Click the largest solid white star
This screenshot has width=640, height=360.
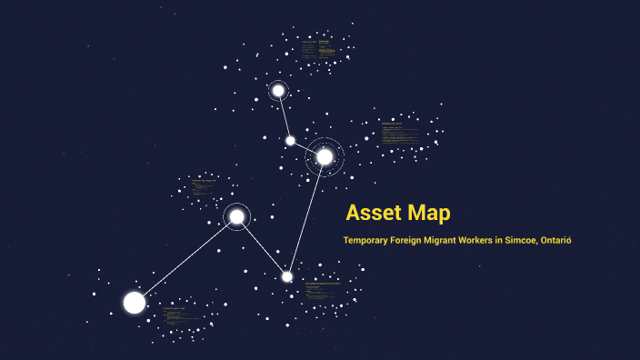[x=135, y=302]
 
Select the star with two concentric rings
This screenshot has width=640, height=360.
[x=325, y=156]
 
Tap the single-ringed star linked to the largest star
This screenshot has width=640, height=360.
[x=236, y=216]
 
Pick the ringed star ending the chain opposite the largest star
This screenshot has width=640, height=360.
[x=278, y=90]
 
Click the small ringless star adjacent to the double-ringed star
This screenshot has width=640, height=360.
[x=290, y=140]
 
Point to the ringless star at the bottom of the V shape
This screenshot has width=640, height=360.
[x=287, y=276]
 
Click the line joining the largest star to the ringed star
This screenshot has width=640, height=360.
[x=185, y=259]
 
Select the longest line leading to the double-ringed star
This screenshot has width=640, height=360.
[x=306, y=216]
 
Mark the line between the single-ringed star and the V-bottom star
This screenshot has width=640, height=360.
[x=262, y=246]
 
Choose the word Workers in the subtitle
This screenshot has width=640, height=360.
[x=507, y=240]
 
